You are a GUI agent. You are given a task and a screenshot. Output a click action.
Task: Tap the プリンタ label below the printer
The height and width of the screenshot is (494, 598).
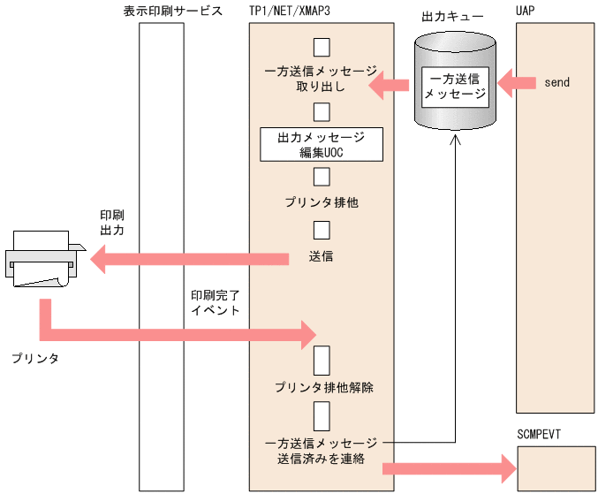(36, 359)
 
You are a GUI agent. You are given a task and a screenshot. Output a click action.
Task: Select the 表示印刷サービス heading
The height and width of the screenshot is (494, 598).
(173, 11)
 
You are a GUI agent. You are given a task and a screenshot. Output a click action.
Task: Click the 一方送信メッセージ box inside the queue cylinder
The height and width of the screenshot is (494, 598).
(455, 86)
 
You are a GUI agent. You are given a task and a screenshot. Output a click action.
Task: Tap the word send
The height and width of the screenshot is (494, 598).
(557, 83)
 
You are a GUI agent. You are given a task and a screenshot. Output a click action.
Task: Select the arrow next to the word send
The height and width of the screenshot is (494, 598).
(518, 83)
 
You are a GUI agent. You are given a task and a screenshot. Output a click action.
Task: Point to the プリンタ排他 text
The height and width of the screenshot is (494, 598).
(321, 202)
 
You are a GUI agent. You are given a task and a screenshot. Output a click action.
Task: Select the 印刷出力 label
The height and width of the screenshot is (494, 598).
(112, 222)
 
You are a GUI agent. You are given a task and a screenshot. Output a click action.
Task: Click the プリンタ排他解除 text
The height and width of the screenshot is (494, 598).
(323, 387)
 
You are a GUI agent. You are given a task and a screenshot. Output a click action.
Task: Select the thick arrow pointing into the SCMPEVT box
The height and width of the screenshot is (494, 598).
(450, 468)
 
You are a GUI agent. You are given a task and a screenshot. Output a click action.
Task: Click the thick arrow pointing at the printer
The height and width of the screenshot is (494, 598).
(190, 258)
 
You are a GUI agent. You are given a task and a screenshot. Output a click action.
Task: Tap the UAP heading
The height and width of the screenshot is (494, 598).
(525, 11)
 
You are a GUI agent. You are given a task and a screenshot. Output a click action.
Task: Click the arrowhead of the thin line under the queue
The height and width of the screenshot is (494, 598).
(456, 140)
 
